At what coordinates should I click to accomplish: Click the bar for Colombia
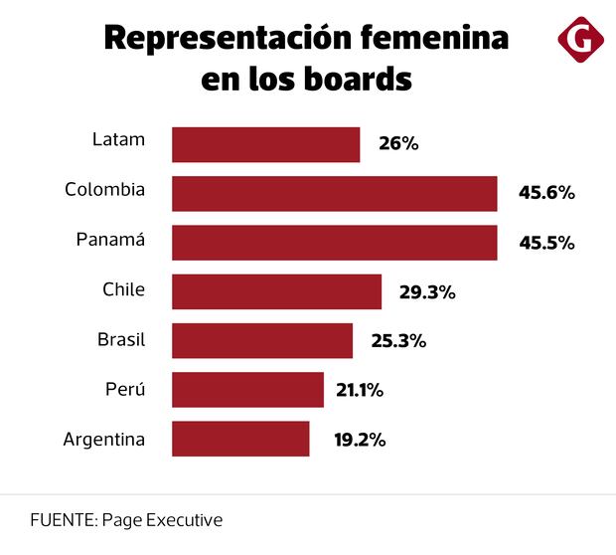coord(334,194)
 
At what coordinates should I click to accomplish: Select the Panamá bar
coord(334,243)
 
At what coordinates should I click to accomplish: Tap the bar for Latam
coord(265,144)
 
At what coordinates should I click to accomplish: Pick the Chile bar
coord(276,291)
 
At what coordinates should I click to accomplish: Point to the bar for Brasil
coord(262,340)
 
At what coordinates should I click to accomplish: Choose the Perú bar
coord(247,389)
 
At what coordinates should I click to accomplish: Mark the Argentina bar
coord(240,439)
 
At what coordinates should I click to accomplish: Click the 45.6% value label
coord(546,193)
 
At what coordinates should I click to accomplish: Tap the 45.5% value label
coord(546,243)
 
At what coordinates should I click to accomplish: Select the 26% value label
coord(398,144)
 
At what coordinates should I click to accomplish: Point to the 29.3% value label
coord(426,291)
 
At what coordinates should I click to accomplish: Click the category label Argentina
coord(104,439)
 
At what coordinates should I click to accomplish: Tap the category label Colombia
coord(105,189)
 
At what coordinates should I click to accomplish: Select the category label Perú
coord(125,389)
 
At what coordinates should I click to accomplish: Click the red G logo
coord(581,40)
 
